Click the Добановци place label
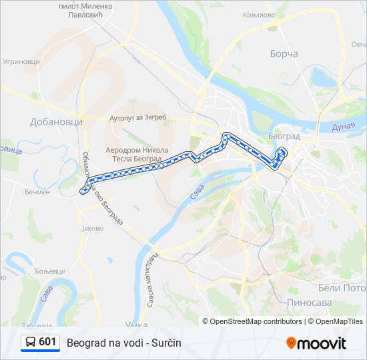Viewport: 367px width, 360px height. pos(56,122)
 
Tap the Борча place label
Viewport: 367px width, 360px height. pos(284,54)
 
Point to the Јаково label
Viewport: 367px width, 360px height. pos(92,228)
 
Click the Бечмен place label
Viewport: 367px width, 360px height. pos(37,192)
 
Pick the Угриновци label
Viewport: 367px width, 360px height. pos(22,61)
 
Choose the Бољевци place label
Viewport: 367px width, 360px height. pos(50,271)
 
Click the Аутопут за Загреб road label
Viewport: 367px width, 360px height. pos(137,118)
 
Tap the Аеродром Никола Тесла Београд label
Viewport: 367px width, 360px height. pos(133,155)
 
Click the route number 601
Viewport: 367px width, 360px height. pos(47,342)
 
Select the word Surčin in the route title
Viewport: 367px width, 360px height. pos(167,343)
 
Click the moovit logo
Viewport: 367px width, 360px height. pos(316,343)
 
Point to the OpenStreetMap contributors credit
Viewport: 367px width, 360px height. pos(256,321)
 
